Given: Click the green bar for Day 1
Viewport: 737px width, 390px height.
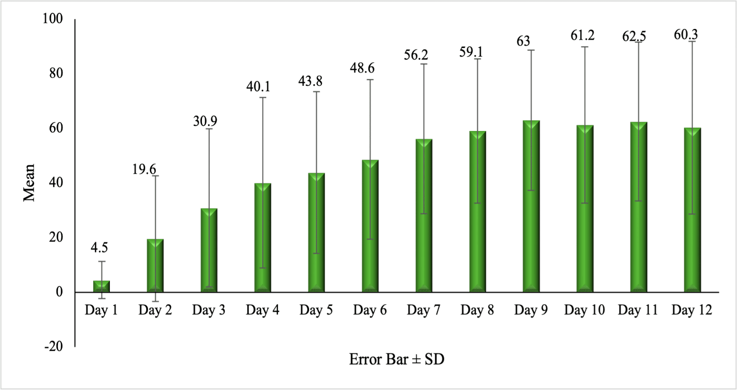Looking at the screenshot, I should point(102,286).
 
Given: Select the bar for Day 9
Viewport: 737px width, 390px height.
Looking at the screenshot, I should point(531,206).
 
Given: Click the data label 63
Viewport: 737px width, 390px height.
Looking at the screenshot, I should point(523,42).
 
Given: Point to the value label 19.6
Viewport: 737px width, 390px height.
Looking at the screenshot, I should point(144,168).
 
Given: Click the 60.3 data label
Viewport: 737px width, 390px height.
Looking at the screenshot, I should point(686,35).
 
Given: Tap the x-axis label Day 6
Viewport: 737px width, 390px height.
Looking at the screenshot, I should point(370,310).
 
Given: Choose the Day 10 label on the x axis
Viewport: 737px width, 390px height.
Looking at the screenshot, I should point(584,310).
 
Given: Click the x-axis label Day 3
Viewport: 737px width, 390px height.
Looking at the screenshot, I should point(209,310).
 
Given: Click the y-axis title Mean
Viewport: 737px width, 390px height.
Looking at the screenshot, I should point(30,183).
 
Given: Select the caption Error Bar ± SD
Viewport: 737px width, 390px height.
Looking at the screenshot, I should point(397,359).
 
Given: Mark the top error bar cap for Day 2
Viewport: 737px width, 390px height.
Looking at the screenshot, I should point(155,176).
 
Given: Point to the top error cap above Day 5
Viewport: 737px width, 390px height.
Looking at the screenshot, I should point(316,91).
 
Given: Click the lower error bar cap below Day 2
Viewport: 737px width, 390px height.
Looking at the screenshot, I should point(155,301).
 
